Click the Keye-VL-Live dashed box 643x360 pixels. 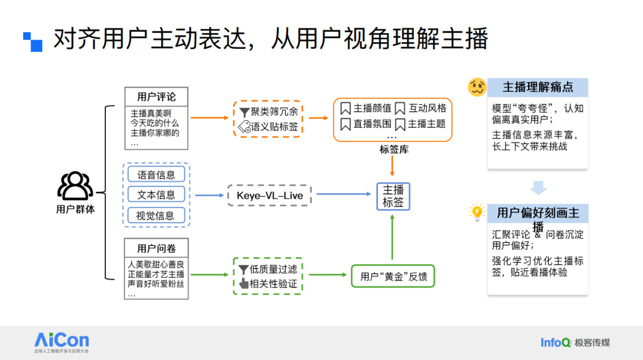(x=269, y=195)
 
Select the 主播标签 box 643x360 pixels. (x=393, y=196)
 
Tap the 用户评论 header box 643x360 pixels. (x=156, y=97)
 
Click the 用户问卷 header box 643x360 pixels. (x=156, y=248)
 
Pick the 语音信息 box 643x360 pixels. (x=156, y=175)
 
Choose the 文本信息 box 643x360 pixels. (x=156, y=195)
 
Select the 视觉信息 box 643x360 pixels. (x=156, y=215)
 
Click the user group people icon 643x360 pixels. (x=75, y=186)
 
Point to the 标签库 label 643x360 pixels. (x=394, y=149)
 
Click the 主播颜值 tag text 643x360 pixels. (x=372, y=108)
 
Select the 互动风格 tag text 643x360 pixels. (x=427, y=108)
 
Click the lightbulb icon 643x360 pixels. (x=477, y=212)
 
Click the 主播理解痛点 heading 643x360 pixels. (x=538, y=87)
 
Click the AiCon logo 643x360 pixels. (x=61, y=341)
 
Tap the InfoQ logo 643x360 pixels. (x=555, y=342)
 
